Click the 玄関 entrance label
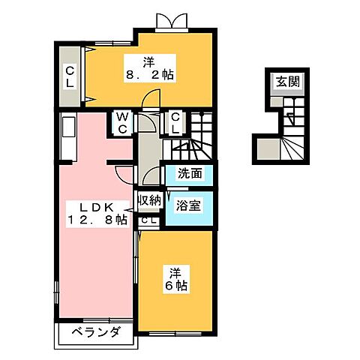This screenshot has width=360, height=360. pos(284,82)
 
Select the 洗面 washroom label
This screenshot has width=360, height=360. pos(189,174)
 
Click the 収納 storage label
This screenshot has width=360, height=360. pos(149,200)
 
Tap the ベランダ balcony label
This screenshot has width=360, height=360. pos(96,332)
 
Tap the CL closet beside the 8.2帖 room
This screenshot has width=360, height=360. pos(68,75)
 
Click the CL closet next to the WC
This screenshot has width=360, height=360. pos(174,121)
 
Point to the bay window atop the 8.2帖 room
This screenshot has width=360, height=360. pos(172,22)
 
